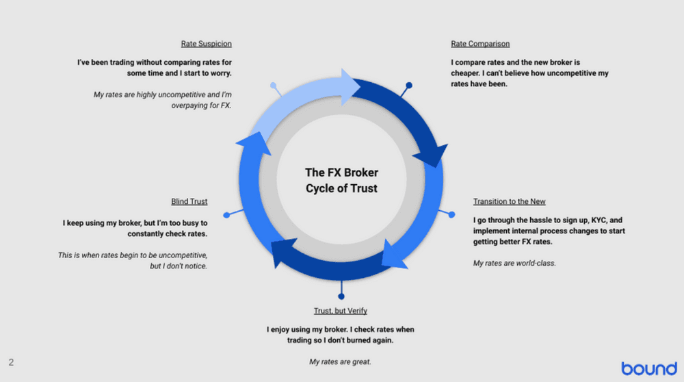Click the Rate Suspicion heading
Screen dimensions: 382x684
click(206, 44)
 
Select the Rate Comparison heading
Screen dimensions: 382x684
click(480, 44)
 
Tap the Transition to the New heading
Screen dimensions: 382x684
click(509, 201)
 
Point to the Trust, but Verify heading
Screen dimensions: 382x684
click(341, 311)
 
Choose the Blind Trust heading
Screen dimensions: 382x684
click(189, 201)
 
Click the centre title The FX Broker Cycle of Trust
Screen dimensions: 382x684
click(341, 180)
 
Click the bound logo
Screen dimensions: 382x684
click(648, 368)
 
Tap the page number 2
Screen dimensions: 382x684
click(11, 362)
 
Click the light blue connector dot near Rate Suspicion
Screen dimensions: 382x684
click(274, 86)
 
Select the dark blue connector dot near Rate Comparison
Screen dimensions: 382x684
click(409, 86)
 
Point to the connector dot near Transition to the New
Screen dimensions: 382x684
click(451, 214)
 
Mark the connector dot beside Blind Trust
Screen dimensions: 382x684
click(227, 214)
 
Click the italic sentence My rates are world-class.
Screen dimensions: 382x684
click(514, 263)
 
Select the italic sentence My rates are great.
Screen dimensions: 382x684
click(341, 361)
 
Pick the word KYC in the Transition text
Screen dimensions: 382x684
click(590, 220)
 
